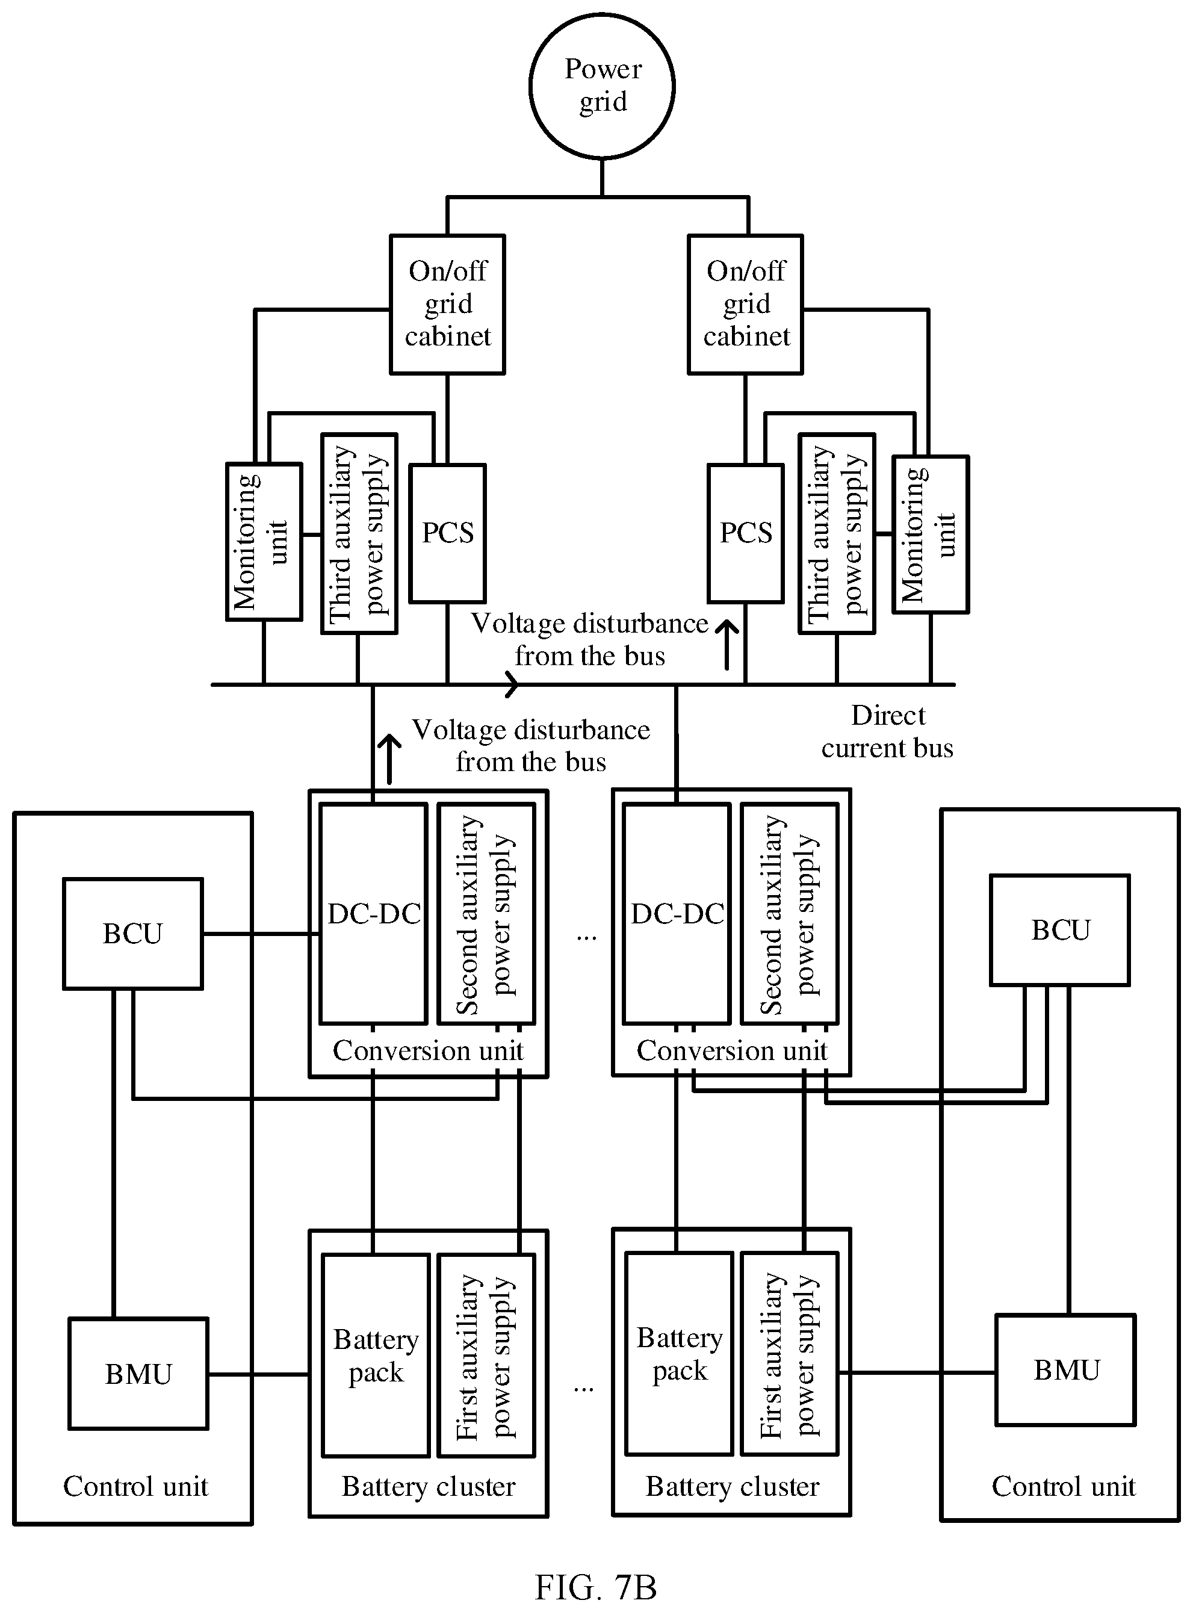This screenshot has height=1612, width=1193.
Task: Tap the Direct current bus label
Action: point(888,731)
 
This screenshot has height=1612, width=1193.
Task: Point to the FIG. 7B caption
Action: point(596,1587)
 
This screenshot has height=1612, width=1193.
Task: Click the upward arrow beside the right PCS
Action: point(727,644)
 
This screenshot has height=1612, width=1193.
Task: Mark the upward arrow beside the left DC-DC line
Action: point(390,758)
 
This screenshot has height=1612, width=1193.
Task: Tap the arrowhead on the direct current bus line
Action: point(512,684)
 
